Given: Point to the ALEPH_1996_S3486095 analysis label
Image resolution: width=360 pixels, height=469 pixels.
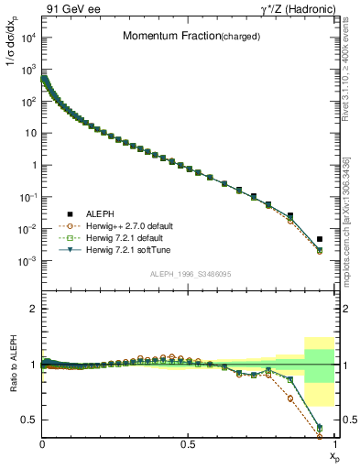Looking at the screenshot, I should tap(189, 274).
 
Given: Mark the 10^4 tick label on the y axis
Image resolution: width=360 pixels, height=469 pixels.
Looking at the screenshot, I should tap(27, 38).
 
